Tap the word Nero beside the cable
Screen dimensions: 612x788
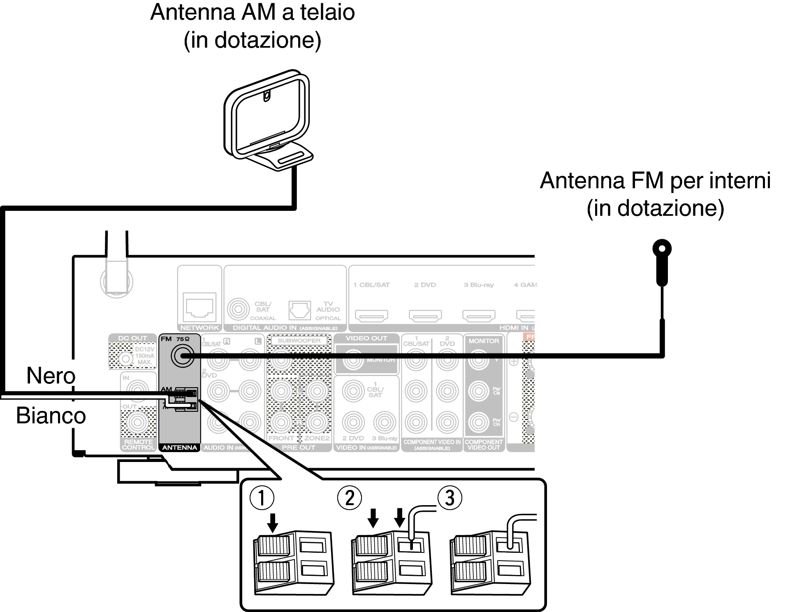[51, 376]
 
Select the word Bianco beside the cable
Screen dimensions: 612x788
[51, 416]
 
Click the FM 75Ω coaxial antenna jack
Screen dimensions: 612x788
[182, 356]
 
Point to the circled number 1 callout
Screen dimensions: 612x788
[262, 498]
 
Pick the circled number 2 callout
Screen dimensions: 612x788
[349, 498]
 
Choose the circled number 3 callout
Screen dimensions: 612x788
[450, 498]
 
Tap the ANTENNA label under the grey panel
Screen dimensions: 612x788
[180, 448]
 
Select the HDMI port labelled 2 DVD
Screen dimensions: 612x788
[425, 316]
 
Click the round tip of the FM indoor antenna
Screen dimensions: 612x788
[662, 249]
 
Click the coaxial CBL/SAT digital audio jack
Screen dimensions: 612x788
[238, 309]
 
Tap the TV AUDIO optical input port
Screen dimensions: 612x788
[299, 310]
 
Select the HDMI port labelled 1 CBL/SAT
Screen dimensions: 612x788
[371, 316]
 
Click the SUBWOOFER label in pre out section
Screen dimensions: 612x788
[299, 341]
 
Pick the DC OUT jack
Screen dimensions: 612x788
[125, 359]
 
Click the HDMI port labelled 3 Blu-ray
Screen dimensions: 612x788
[479, 316]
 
